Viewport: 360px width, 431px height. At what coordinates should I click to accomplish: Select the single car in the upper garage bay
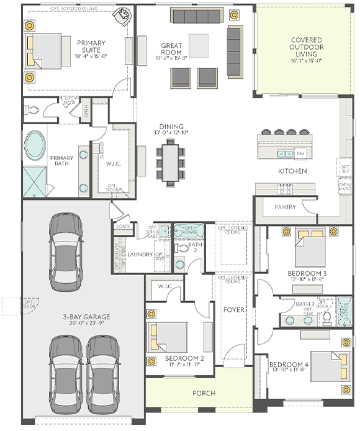tap(66, 248)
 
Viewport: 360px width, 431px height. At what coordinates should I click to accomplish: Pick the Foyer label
tap(233, 309)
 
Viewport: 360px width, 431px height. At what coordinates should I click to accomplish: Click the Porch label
tap(204, 393)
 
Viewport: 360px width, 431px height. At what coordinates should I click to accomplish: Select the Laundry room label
tap(140, 254)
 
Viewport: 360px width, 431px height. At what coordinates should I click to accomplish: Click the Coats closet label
tap(123, 226)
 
